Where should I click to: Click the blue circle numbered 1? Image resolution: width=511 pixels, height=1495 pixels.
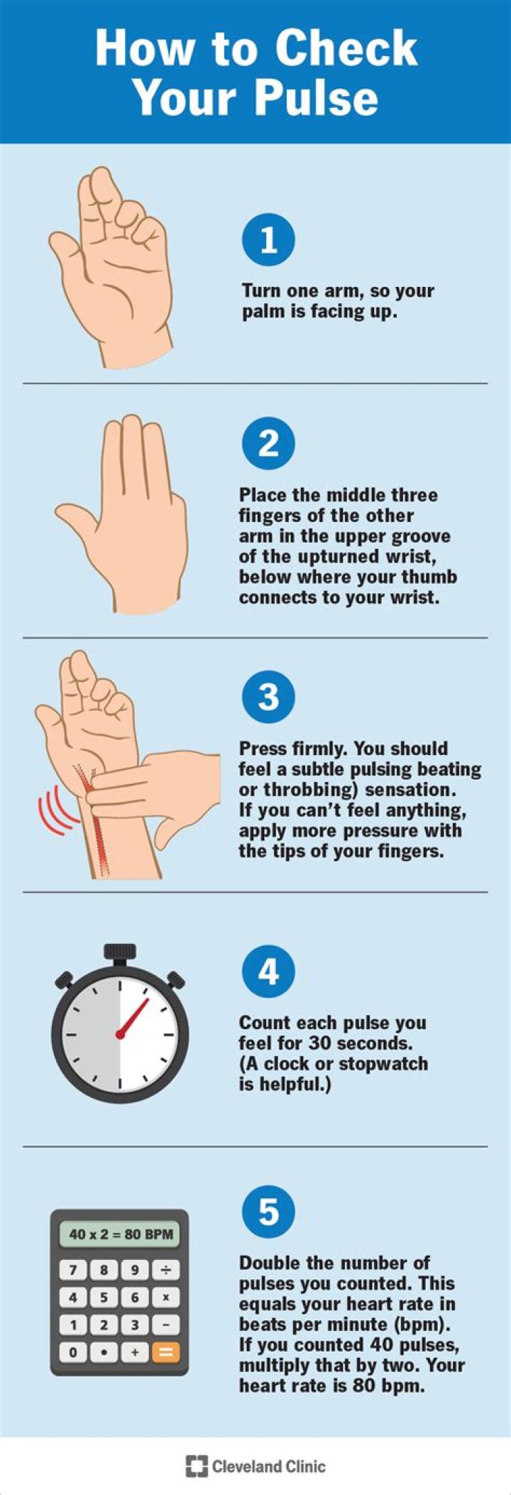click(268, 240)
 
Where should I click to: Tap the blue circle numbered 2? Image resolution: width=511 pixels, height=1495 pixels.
click(268, 444)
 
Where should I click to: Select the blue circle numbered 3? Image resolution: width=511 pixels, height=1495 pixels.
click(268, 697)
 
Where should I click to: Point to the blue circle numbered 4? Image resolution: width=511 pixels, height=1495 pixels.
click(268, 971)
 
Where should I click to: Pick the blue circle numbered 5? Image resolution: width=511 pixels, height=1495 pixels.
click(268, 1211)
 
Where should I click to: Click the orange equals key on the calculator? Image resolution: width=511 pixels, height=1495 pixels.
click(165, 1352)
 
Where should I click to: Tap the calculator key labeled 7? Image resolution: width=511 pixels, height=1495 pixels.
click(73, 1270)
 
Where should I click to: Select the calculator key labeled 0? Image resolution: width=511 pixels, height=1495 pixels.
click(73, 1352)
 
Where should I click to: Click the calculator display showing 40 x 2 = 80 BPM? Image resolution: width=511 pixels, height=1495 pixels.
click(120, 1234)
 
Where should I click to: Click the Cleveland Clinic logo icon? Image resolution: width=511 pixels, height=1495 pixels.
click(196, 1466)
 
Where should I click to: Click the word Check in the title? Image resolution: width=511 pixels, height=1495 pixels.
click(346, 48)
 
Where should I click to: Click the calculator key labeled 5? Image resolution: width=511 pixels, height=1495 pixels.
click(104, 1298)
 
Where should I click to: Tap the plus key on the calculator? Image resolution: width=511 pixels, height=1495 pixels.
click(134, 1352)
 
